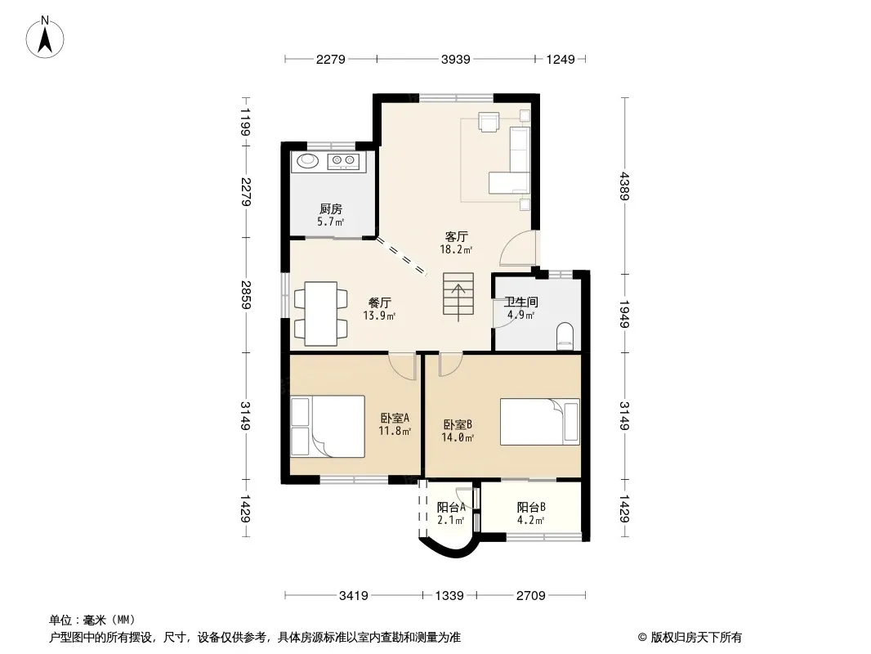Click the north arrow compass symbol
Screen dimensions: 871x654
pyautogui.click(x=45, y=37)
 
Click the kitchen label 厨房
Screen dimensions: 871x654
pyautogui.click(x=331, y=209)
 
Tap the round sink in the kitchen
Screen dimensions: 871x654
pyautogui.click(x=307, y=161)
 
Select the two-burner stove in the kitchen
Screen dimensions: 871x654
pyautogui.click(x=343, y=161)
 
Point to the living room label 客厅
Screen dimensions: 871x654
pyautogui.click(x=456, y=237)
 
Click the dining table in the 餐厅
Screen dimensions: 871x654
pyautogui.click(x=321, y=314)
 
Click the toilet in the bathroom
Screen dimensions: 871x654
pyautogui.click(x=565, y=336)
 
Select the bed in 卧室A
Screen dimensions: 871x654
pyautogui.click(x=327, y=426)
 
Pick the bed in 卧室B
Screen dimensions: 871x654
pyautogui.click(x=539, y=422)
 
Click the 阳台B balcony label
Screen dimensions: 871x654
pyautogui.click(x=531, y=507)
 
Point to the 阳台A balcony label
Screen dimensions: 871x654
pyautogui.click(x=451, y=507)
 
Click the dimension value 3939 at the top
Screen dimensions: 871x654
pyautogui.click(x=455, y=59)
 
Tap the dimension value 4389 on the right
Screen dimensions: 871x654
pyautogui.click(x=624, y=186)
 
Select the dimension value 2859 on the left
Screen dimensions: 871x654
pyautogui.click(x=246, y=295)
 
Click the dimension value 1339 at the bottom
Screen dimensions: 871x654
pyautogui.click(x=449, y=596)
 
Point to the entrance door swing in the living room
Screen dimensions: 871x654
pyautogui.click(x=518, y=249)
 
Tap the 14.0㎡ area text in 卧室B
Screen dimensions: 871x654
pyautogui.click(x=458, y=438)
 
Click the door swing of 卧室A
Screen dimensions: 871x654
pyautogui.click(x=402, y=366)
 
